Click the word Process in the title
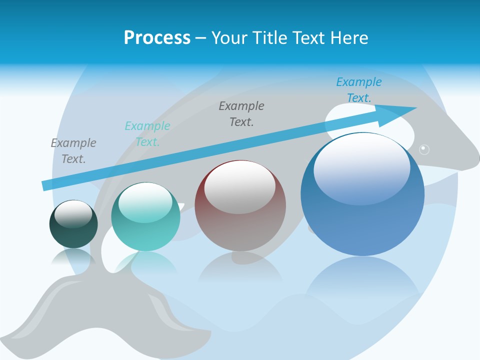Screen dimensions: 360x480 (157, 38)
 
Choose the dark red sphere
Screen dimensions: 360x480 (240, 220)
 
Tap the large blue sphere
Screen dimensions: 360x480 (362, 215)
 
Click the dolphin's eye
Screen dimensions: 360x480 (424, 148)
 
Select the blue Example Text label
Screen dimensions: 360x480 (358, 90)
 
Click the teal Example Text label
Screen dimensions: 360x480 (147, 134)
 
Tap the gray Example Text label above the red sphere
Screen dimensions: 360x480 (241, 113)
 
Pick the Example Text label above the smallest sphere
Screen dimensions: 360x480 (73, 151)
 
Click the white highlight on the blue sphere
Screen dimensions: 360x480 (361, 167)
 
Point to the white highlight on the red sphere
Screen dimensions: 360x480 (239, 181)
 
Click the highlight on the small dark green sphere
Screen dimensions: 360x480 (73, 213)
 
